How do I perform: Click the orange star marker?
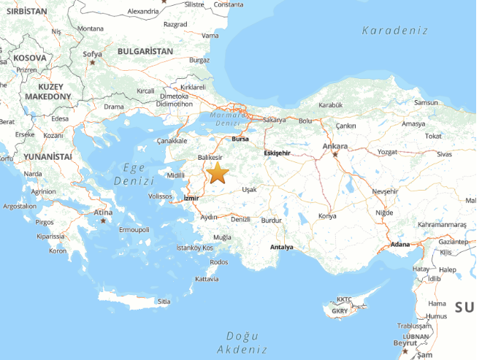pos(218,173)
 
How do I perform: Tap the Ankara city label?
pos(335,145)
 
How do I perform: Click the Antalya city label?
pos(280,247)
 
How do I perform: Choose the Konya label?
pos(328,216)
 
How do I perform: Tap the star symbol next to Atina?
pos(103,221)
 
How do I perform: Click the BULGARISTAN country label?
pos(145,52)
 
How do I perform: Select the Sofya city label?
pos(92,54)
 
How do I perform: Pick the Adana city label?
pos(400,245)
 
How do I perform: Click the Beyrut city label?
pos(405,342)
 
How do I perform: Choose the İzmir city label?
pos(191,199)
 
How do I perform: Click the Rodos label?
pos(218,262)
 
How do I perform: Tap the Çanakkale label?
pos(172,140)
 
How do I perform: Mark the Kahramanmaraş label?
pos(442,224)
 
